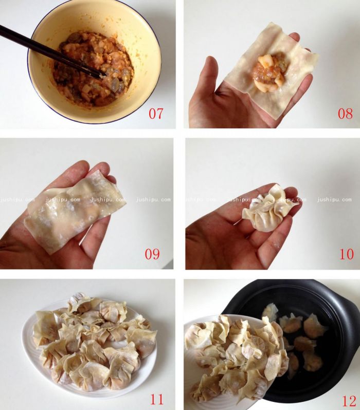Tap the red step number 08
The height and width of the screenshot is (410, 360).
pyautogui.click(x=345, y=113)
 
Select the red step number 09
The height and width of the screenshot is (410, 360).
pyautogui.click(x=152, y=254)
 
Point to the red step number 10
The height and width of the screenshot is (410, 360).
pyautogui.click(x=346, y=254)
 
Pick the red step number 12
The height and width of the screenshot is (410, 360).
pyautogui.click(x=348, y=401)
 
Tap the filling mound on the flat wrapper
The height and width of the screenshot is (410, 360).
pyautogui.click(x=267, y=72)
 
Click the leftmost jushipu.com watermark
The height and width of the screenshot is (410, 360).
pyautogui.click(x=10, y=200)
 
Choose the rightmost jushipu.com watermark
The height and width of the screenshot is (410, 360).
pyautogui.click(x=334, y=200)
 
